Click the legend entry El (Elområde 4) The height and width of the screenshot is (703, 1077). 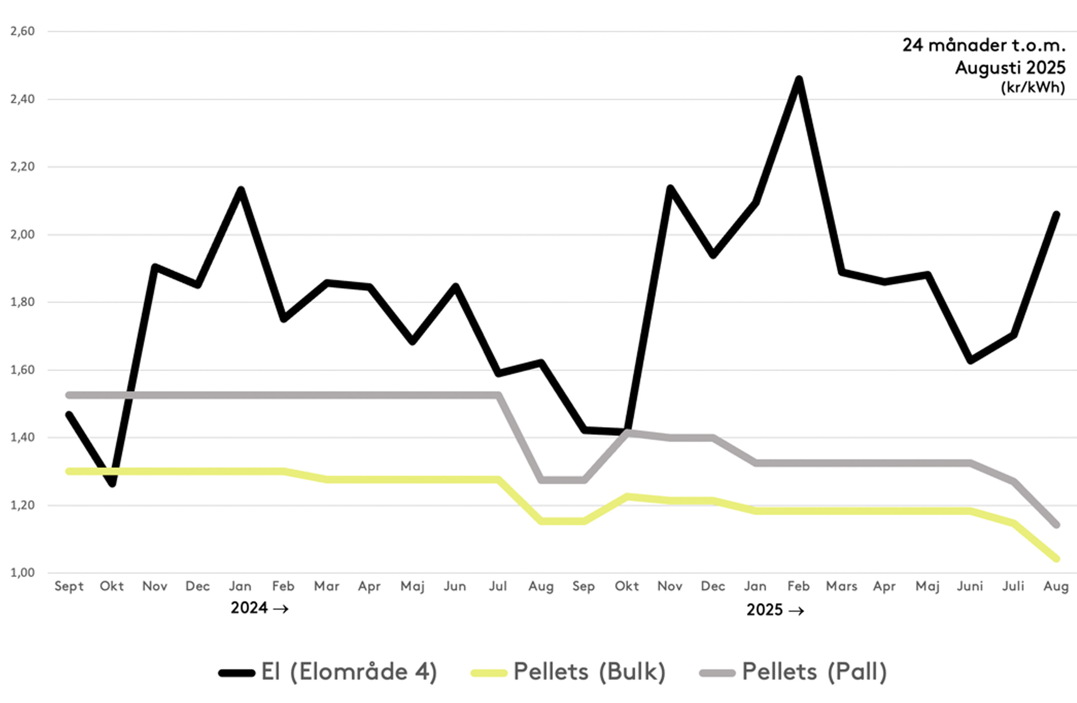328,672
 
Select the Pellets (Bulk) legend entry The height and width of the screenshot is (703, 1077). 568,672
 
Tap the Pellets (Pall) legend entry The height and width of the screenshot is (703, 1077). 794,672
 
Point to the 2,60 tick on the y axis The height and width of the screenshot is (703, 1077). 22,31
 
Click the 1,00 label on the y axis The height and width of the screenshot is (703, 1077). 22,573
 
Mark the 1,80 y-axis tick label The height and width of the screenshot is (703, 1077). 22,302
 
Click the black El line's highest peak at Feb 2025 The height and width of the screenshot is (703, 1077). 799,79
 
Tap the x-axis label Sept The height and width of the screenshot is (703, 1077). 69,586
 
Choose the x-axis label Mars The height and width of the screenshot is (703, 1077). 842,586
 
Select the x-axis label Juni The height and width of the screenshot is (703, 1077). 970,586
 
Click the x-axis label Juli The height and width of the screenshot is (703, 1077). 1013,586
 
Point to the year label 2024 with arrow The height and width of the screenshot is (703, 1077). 259,608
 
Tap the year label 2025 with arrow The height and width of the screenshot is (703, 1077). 775,610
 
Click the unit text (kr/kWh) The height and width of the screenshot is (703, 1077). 1033,87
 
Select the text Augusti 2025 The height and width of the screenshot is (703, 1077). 1010,67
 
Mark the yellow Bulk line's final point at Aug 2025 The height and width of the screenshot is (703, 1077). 1056,559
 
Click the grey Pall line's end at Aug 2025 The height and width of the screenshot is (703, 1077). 1056,525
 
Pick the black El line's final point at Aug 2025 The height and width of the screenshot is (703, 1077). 1056,214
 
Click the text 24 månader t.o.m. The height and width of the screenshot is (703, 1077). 984,45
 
